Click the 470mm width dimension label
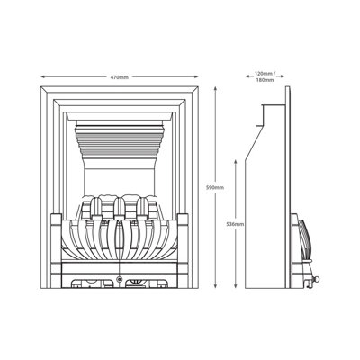click(x=120, y=77)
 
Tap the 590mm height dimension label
click(x=215, y=188)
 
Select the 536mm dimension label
click(x=236, y=224)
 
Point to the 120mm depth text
click(x=264, y=73)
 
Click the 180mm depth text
click(x=265, y=80)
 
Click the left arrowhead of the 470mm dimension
click(x=42, y=77)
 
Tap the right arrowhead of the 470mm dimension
click(x=196, y=77)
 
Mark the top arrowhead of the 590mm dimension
click(x=215, y=89)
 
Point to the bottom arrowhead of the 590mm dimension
click(x=215, y=286)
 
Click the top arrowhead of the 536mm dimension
click(x=236, y=162)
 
